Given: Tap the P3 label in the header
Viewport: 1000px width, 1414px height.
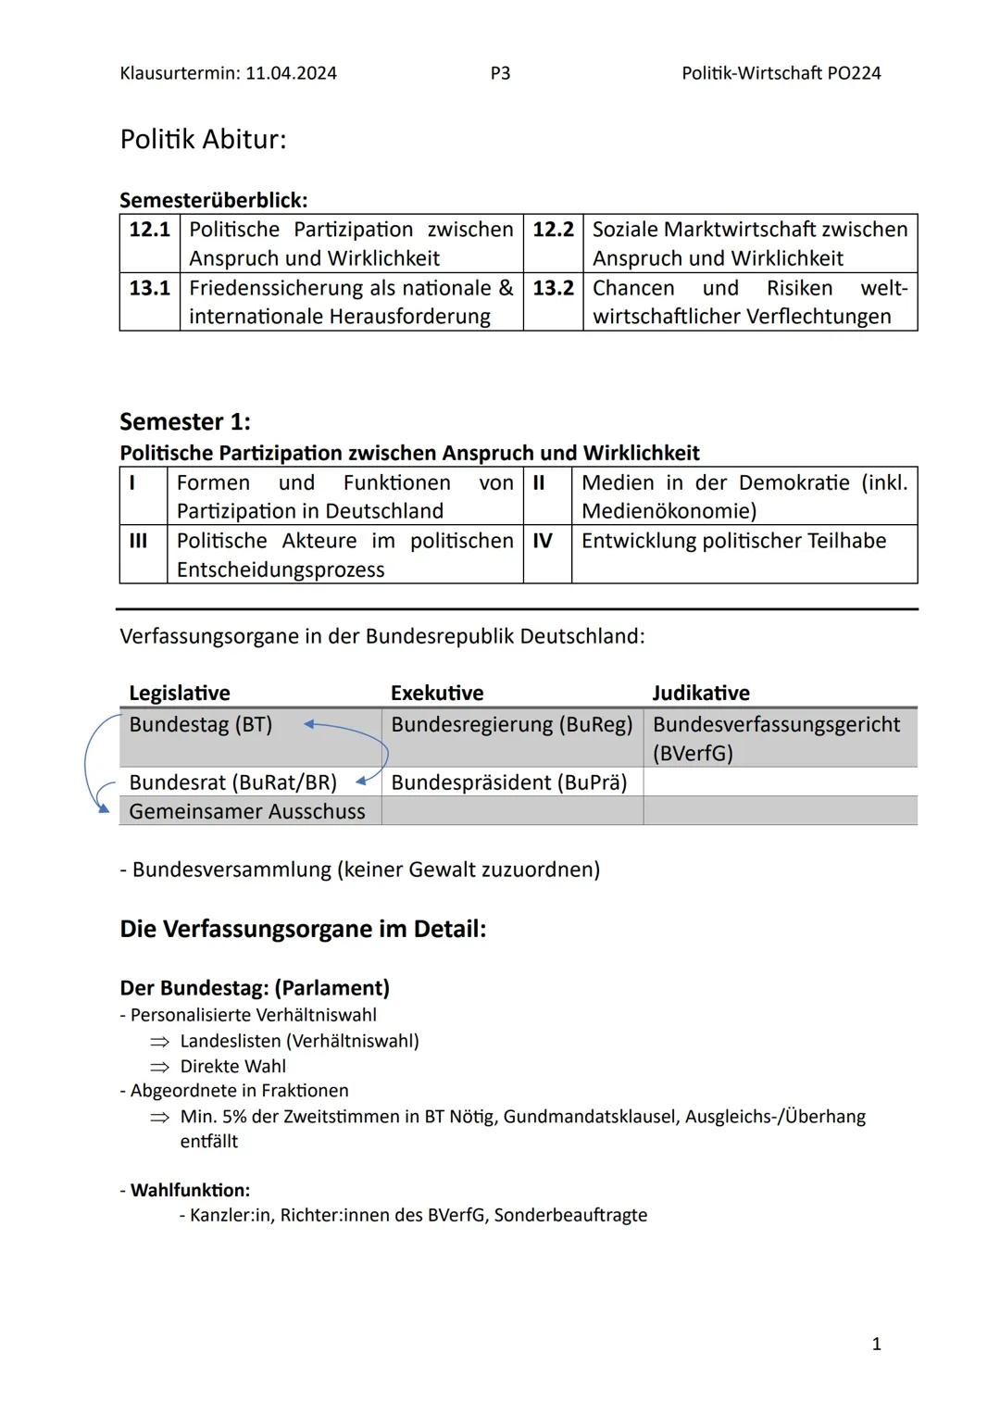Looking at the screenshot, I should point(500,73).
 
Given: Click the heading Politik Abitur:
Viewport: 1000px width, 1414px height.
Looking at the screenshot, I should point(203,140).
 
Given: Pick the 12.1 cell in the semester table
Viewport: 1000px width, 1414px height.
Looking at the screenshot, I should point(149,230).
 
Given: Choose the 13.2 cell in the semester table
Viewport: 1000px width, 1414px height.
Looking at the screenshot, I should point(553,288).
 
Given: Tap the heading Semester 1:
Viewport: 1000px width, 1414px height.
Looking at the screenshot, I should point(185,422).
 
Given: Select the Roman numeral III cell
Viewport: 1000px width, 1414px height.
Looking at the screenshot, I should point(138,541).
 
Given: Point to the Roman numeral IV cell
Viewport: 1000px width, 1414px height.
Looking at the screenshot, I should point(543,541).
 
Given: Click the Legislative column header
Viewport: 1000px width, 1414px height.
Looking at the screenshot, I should point(180,693).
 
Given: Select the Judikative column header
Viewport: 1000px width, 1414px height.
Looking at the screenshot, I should point(701,693).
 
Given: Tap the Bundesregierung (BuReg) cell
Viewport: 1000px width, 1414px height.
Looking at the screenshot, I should point(511,724).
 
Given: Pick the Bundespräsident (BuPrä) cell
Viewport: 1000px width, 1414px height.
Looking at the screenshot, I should point(508,782).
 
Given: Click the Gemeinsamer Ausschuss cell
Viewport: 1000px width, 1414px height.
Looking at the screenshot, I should point(247,811).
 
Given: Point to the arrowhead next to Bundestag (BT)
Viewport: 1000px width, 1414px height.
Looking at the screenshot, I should point(309,725).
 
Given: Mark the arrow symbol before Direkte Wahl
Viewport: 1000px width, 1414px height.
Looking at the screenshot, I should point(160,1067).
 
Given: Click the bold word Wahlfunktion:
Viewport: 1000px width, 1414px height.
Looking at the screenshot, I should point(190,1190).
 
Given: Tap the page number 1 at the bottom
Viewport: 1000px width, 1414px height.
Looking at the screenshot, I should point(877,1344).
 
